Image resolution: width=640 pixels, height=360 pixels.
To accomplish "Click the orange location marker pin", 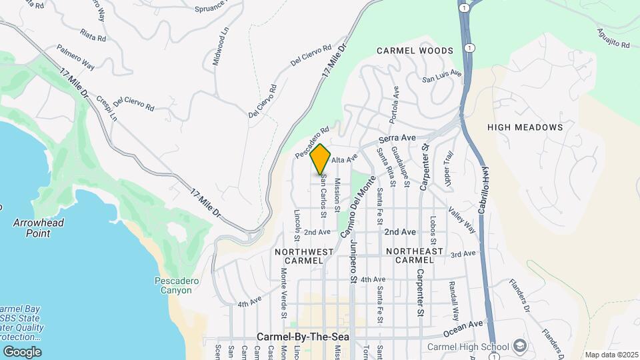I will [x=321, y=159].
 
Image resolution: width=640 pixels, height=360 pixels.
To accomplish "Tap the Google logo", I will [x=21, y=351].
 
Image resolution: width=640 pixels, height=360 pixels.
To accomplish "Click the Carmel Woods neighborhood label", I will [x=415, y=51].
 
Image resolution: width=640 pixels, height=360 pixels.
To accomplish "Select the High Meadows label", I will [x=525, y=127].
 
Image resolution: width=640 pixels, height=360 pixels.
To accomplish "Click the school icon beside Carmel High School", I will [x=520, y=346].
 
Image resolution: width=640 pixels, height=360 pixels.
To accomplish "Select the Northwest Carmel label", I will [x=303, y=256].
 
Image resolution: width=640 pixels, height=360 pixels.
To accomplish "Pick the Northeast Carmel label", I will [x=415, y=256].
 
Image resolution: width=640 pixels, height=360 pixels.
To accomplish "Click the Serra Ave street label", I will [x=397, y=138].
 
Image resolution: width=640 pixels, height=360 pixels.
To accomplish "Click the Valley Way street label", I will [x=462, y=219].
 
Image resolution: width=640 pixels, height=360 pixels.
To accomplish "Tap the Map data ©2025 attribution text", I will [x=610, y=355].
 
